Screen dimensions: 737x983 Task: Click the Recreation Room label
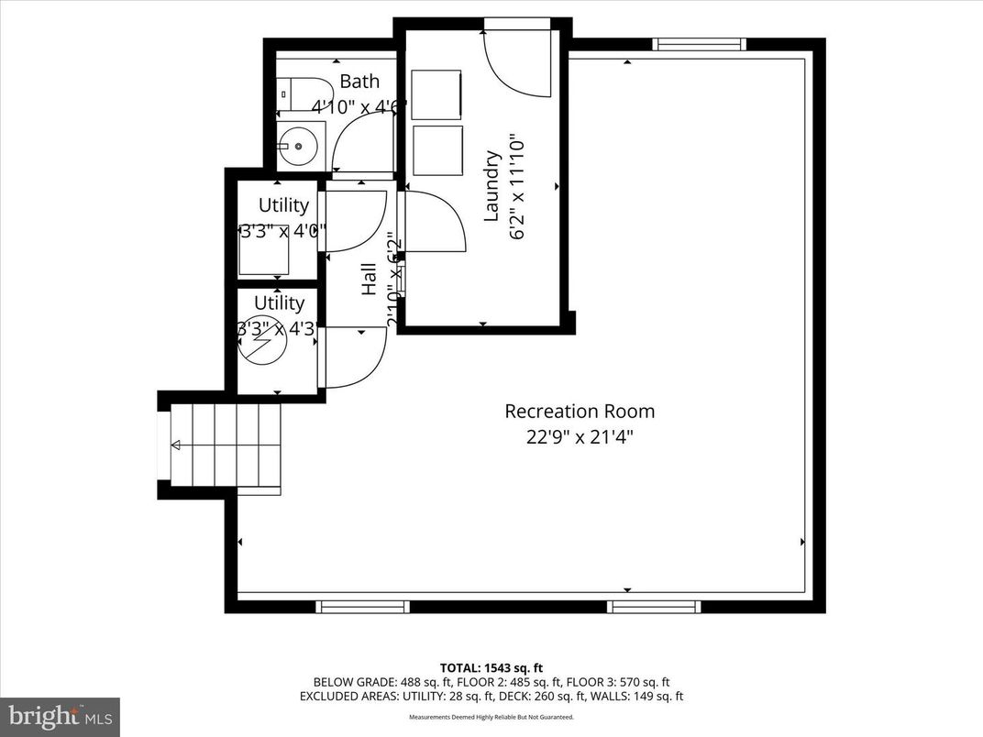[580, 412]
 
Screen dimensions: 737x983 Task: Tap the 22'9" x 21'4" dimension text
[580, 437]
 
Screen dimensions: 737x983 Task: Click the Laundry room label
[491, 186]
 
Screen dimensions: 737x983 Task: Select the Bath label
[359, 82]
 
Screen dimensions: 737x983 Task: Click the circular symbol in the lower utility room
[262, 339]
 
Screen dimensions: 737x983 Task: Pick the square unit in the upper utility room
[265, 248]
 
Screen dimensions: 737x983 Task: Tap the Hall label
[370, 279]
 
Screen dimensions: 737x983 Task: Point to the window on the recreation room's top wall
[699, 44]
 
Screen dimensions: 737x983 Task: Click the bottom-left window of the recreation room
[363, 607]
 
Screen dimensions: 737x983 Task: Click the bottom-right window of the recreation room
[655, 607]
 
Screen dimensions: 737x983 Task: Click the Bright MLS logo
[60, 715]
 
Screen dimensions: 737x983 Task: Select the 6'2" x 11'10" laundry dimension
[517, 187]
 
